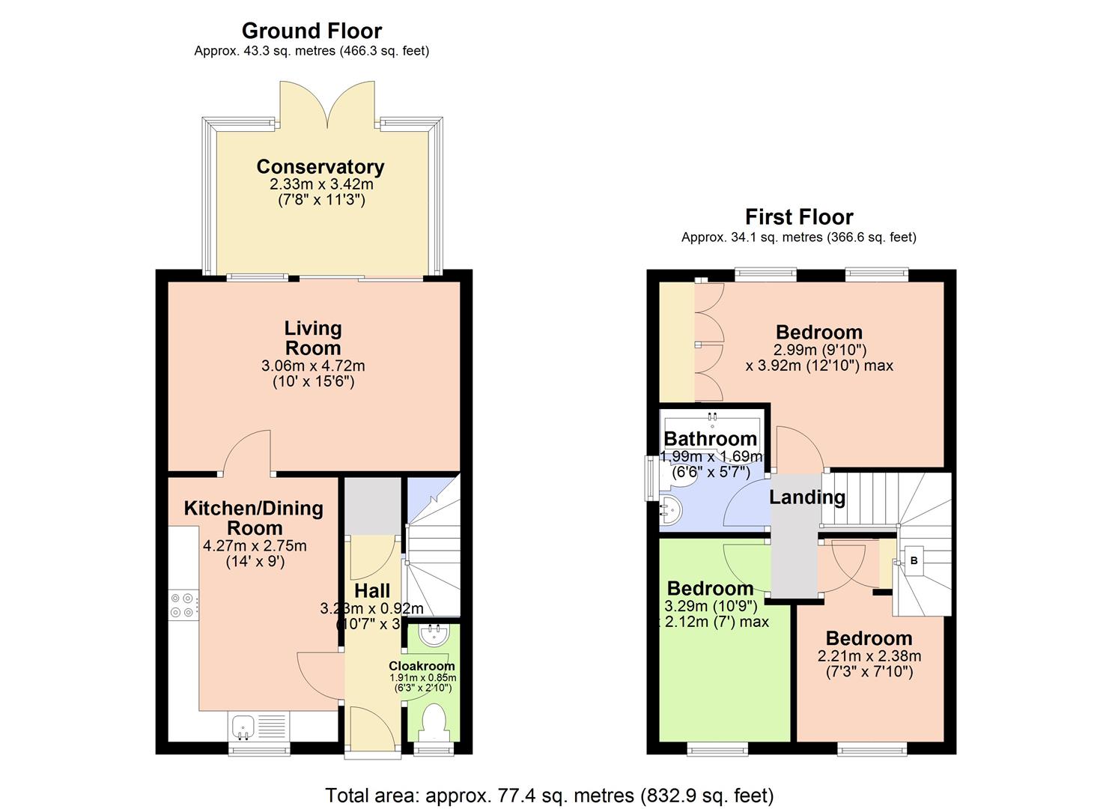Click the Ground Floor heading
pos(312,31)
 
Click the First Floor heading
pos(799,217)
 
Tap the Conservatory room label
pos(320,166)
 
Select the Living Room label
pos(313,338)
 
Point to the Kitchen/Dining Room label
pos(254,518)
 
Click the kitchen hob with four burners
pos(183,605)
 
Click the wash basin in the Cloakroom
pos(434,636)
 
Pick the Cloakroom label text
pos(422,666)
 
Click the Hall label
pos(372,590)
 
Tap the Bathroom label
pos(710,439)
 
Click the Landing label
pos(807,497)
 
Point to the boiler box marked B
pos(914,560)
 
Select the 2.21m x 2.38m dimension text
pos(869,656)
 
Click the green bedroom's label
pos(710,589)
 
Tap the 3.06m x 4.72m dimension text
pos(313,366)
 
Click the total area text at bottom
pos(550,795)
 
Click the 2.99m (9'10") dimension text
pos(820,350)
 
